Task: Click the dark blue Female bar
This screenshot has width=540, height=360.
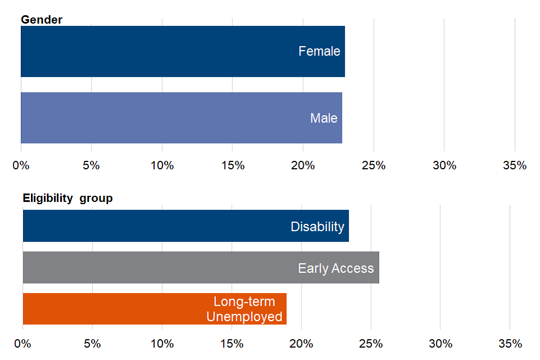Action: click(169, 51)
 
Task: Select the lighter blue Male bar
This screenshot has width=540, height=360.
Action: click(169, 118)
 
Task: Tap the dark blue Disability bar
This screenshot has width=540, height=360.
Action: click(169, 226)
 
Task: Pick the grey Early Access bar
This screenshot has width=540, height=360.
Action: click(169, 268)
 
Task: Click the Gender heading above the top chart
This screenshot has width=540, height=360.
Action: click(42, 20)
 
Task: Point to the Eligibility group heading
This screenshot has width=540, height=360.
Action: click(67, 198)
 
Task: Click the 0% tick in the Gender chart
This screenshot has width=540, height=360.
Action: click(21, 165)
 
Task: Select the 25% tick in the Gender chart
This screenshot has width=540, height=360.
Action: click(373, 165)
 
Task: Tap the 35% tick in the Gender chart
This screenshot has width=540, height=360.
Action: click(515, 165)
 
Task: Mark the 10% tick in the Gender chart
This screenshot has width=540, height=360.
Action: click(162, 165)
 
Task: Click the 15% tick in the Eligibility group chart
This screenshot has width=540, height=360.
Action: click(232, 343)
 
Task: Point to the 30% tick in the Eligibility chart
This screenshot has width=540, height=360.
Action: click(440, 343)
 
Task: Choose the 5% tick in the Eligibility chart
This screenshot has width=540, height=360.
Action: click(92, 343)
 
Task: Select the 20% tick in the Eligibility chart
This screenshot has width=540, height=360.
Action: click(301, 343)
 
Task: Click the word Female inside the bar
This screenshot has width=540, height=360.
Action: click(319, 51)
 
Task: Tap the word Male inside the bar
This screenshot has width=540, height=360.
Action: click(323, 118)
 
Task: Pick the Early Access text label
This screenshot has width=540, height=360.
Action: click(336, 268)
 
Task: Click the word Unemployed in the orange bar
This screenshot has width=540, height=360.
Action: click(244, 317)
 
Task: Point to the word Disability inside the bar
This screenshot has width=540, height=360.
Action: click(317, 227)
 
